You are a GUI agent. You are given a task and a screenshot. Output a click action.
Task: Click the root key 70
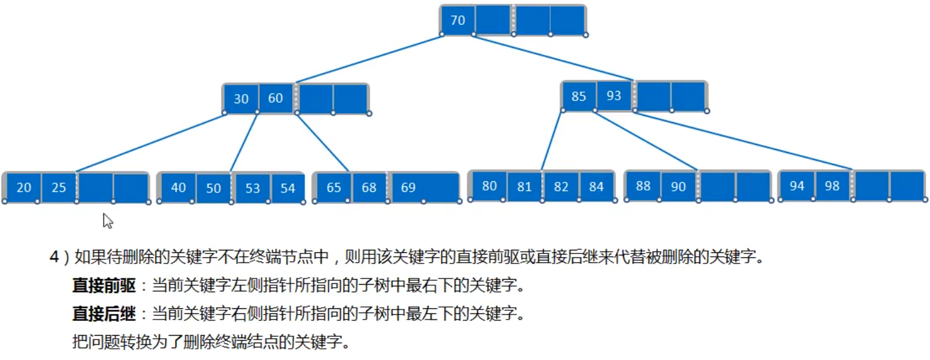pos(457,21)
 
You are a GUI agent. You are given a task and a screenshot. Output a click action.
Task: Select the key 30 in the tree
pos(241,99)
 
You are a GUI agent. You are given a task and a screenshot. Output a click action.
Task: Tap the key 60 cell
pos(275,98)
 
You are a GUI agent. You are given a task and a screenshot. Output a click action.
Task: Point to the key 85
pos(579,97)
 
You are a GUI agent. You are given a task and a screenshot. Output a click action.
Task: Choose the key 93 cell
pos(614,96)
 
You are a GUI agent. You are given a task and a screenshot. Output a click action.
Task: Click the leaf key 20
pos(24,187)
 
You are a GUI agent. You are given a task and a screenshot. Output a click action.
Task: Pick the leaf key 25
pos(59,187)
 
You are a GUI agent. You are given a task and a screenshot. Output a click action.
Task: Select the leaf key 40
pos(178,187)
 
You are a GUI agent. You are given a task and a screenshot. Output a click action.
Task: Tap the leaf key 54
pos(287,188)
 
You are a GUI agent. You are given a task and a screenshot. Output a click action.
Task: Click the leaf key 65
pos(334,187)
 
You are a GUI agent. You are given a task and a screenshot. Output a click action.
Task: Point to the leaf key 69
pos(408,187)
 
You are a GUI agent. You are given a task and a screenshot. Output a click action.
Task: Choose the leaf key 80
pos(489,186)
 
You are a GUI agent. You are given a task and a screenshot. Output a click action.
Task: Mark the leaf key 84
pos(596,186)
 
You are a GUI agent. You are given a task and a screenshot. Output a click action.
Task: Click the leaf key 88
pos(643,186)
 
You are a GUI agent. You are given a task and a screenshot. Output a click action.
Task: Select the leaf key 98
pos(832,186)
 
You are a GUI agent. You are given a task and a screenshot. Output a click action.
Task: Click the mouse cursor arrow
pos(107,220)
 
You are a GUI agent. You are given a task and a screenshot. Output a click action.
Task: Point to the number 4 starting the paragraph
pos(54,258)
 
